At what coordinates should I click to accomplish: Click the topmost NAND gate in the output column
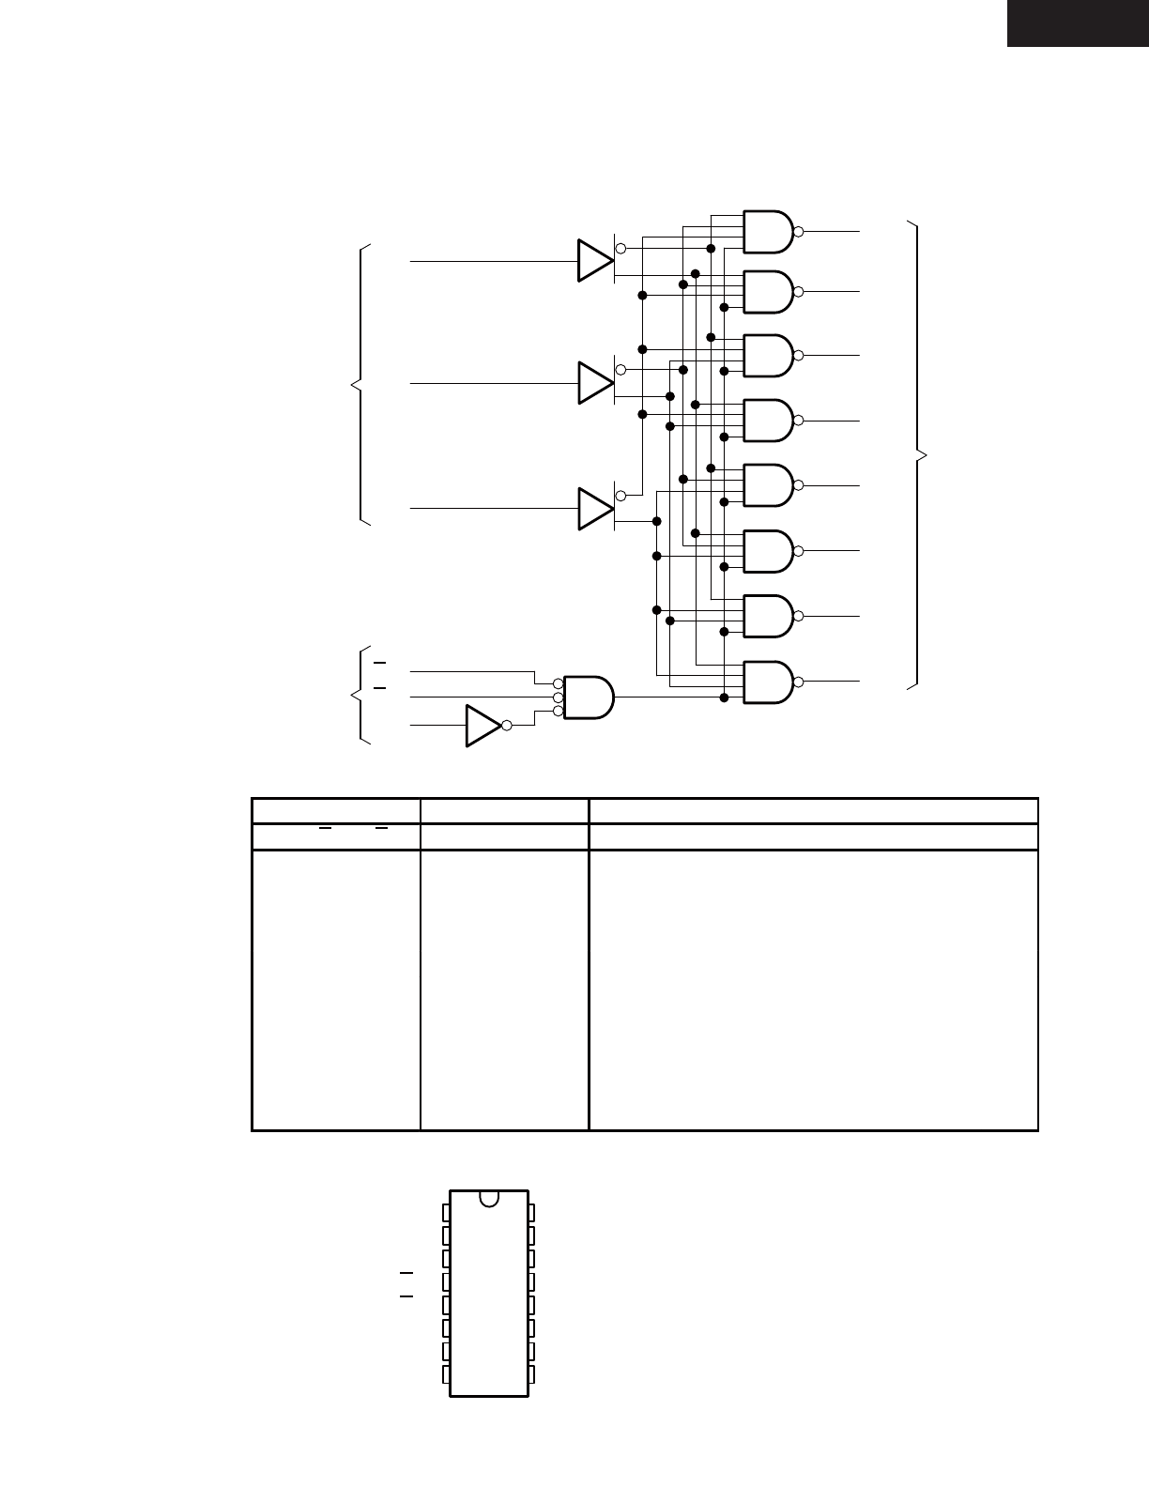click(768, 231)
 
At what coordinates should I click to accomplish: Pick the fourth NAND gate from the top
click(768, 421)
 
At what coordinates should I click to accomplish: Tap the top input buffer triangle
click(594, 260)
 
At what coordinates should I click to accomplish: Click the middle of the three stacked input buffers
click(594, 383)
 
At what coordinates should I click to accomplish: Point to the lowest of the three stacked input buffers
click(594, 508)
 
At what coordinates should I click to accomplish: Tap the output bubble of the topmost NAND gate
click(798, 231)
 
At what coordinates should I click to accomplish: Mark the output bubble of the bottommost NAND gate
click(798, 682)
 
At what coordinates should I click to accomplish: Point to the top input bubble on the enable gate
click(559, 683)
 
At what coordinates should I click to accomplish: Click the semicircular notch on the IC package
click(489, 1198)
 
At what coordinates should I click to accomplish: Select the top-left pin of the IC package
click(445, 1213)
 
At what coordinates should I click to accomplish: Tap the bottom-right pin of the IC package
click(532, 1374)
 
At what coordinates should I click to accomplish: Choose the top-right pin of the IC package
click(532, 1213)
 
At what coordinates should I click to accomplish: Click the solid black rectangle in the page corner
click(1078, 23)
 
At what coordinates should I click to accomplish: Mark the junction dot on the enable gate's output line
click(724, 697)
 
